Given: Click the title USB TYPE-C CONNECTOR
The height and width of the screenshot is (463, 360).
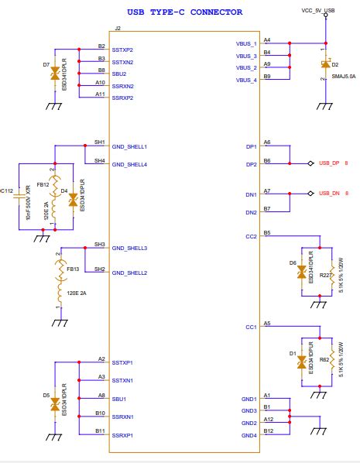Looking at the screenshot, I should point(185,12).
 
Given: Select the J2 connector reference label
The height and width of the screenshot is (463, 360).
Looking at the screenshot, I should point(117,28).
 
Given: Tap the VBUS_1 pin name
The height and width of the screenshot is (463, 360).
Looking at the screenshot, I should point(246,44).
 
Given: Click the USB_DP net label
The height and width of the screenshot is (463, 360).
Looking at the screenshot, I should point(329,163).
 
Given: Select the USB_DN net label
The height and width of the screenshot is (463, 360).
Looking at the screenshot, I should point(329,193).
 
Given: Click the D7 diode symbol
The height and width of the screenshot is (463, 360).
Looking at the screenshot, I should point(54,74).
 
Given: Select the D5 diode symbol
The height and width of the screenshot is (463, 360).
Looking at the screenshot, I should point(54,405).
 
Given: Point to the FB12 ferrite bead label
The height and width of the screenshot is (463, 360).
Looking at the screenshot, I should point(43,185).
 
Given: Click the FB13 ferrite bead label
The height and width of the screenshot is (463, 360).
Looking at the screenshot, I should point(74,269).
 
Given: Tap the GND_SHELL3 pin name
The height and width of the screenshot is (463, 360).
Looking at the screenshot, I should point(129,248).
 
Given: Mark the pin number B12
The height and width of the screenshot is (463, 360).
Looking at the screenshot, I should point(268,430).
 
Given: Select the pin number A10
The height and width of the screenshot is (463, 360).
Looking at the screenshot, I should point(101,82).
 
